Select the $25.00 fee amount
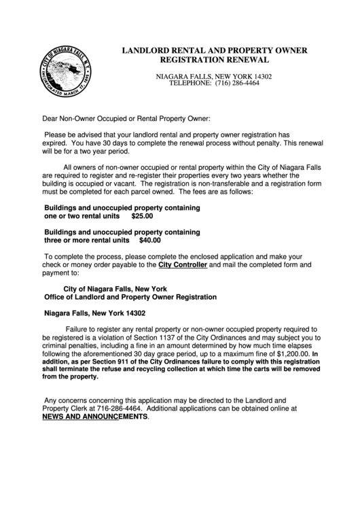point(143,217)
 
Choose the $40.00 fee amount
point(149,240)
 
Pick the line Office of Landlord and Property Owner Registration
point(130,297)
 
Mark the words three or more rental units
point(86,240)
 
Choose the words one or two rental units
point(83,217)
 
